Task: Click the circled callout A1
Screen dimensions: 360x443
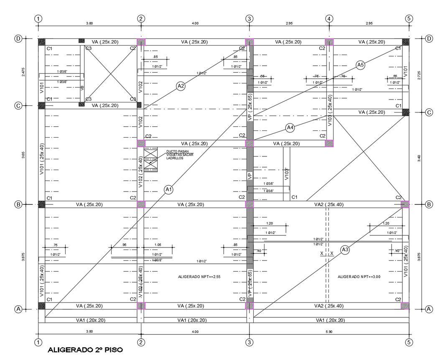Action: (169, 190)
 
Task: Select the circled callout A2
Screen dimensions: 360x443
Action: (181, 87)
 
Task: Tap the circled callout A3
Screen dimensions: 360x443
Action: (345, 250)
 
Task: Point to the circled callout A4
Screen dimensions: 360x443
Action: (290, 128)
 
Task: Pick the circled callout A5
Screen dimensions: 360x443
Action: (361, 64)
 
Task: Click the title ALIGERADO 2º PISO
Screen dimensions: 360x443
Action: (86, 349)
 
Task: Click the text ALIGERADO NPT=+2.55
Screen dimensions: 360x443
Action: (199, 277)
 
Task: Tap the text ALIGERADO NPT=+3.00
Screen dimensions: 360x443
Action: (359, 277)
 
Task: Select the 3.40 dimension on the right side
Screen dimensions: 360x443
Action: (419, 158)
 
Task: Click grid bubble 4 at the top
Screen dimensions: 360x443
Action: (329, 19)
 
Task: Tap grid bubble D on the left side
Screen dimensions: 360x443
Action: (18, 39)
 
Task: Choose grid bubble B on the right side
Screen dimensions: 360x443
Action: (429, 204)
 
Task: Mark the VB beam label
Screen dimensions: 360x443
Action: (81, 88)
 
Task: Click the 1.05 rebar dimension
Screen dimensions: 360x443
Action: (158, 245)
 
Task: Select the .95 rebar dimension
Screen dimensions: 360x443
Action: (124, 245)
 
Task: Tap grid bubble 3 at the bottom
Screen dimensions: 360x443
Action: (250, 342)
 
